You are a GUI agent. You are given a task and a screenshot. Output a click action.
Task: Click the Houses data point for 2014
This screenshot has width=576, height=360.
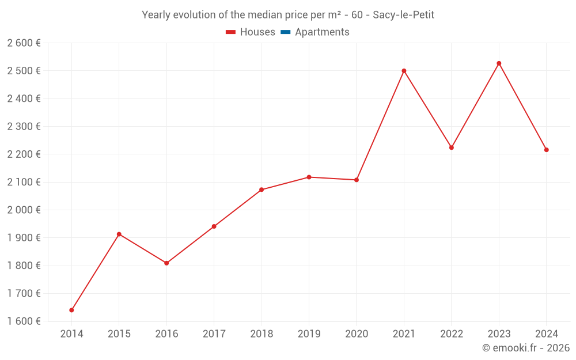[x=71, y=310]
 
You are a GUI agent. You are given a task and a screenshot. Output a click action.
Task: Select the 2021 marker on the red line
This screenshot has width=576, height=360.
[x=404, y=71]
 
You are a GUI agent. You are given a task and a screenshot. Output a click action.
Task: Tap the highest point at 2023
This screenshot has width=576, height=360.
[x=499, y=63]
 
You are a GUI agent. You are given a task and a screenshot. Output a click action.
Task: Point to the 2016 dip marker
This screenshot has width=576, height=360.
[x=166, y=263]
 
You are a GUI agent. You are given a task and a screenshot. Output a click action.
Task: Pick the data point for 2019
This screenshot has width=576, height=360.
[x=309, y=177]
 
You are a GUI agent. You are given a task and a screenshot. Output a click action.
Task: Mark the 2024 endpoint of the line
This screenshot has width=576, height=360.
[x=546, y=150]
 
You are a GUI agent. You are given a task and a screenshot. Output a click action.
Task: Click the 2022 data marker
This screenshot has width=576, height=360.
[x=452, y=147]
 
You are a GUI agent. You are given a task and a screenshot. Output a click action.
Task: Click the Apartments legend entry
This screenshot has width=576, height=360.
[x=322, y=32]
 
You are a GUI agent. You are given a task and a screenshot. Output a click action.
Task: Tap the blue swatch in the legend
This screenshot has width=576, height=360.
[x=285, y=32]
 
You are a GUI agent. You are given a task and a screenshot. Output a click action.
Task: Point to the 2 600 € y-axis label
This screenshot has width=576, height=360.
[x=24, y=43]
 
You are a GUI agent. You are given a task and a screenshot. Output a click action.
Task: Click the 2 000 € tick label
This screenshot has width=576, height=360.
[x=24, y=210]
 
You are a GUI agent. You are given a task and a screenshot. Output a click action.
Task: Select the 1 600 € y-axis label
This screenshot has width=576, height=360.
[x=24, y=321]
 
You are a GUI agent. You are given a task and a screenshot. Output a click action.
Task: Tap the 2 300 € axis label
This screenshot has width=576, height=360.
[x=24, y=126]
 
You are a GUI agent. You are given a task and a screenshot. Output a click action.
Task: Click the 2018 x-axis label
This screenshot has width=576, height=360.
[x=262, y=334]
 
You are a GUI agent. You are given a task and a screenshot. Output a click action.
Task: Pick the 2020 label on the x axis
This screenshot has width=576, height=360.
[x=357, y=334]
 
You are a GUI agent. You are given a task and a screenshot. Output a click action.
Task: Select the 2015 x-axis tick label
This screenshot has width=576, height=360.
[x=119, y=334]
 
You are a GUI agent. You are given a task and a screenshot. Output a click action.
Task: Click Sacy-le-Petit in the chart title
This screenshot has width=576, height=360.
[x=403, y=15]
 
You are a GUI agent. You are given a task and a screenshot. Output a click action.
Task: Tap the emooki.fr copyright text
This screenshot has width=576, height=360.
[x=526, y=348]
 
